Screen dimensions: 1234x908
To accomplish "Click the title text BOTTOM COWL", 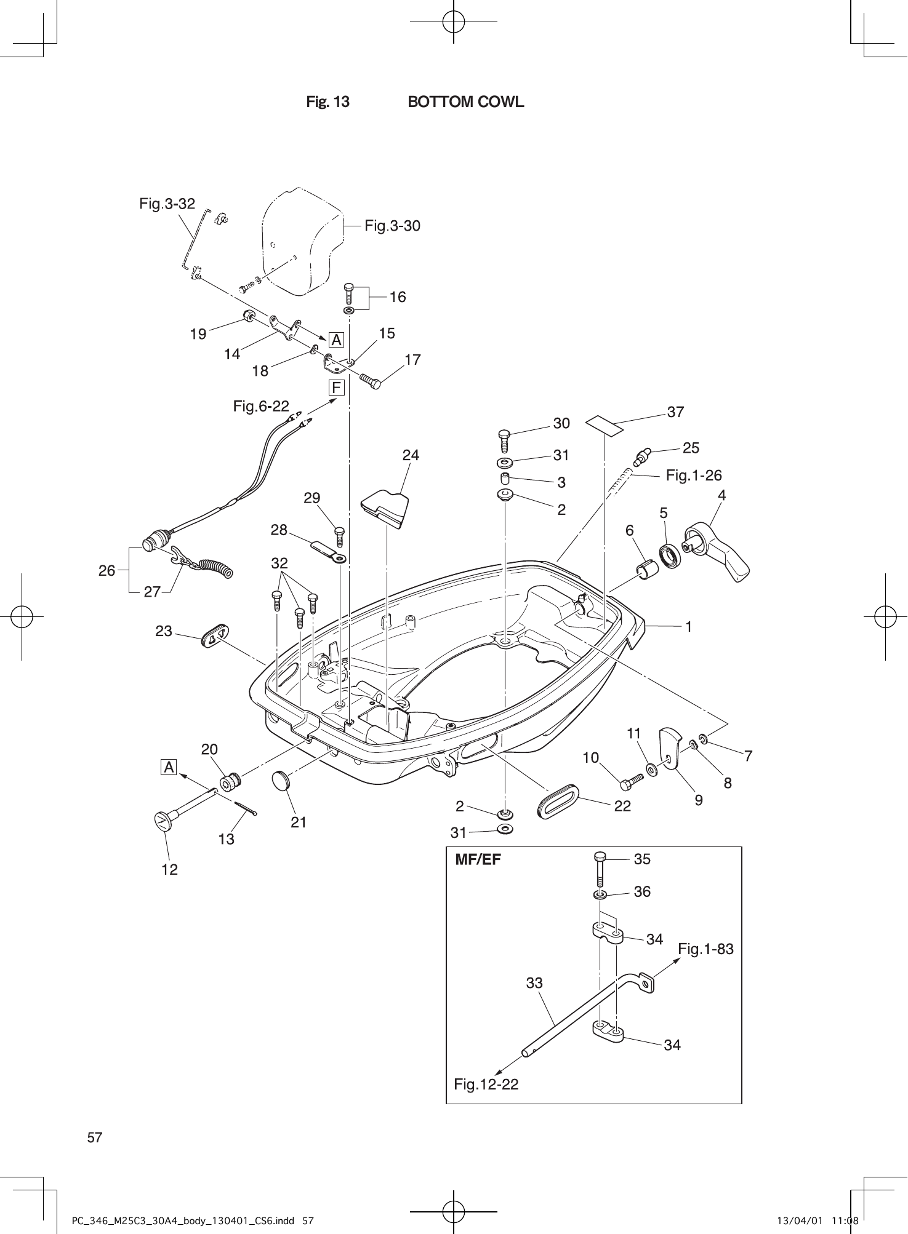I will (465, 102).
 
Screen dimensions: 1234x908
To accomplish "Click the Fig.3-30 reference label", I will (392, 226).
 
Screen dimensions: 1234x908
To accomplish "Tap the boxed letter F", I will (336, 388).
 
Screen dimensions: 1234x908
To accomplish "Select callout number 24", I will (411, 455).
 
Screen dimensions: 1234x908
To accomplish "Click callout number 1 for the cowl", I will (689, 626).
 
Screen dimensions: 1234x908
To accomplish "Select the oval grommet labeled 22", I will (557, 800).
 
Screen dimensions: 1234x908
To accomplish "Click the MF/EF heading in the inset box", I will (478, 859).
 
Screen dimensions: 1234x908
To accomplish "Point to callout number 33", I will (534, 983).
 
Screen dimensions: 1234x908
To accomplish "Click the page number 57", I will (95, 1137).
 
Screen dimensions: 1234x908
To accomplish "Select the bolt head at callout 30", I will (503, 434).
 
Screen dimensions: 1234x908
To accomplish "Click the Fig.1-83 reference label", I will (705, 949).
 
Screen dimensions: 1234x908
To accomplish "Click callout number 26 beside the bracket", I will (107, 570).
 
